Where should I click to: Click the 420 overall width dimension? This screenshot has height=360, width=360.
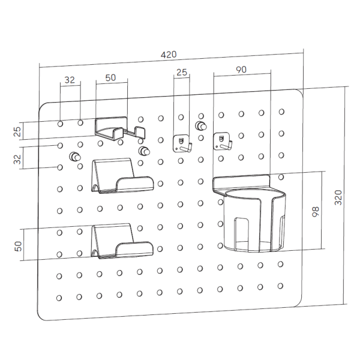click(x=169, y=55)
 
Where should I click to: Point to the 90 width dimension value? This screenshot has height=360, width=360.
click(x=241, y=70)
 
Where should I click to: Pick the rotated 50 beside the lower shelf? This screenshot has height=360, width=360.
click(x=18, y=245)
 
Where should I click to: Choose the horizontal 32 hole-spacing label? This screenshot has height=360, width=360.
click(x=70, y=79)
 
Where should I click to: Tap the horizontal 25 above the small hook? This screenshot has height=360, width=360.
click(x=181, y=73)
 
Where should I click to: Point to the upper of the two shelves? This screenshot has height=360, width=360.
click(x=120, y=178)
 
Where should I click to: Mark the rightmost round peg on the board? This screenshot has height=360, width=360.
click(x=201, y=126)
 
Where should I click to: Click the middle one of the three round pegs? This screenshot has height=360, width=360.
click(x=144, y=151)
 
